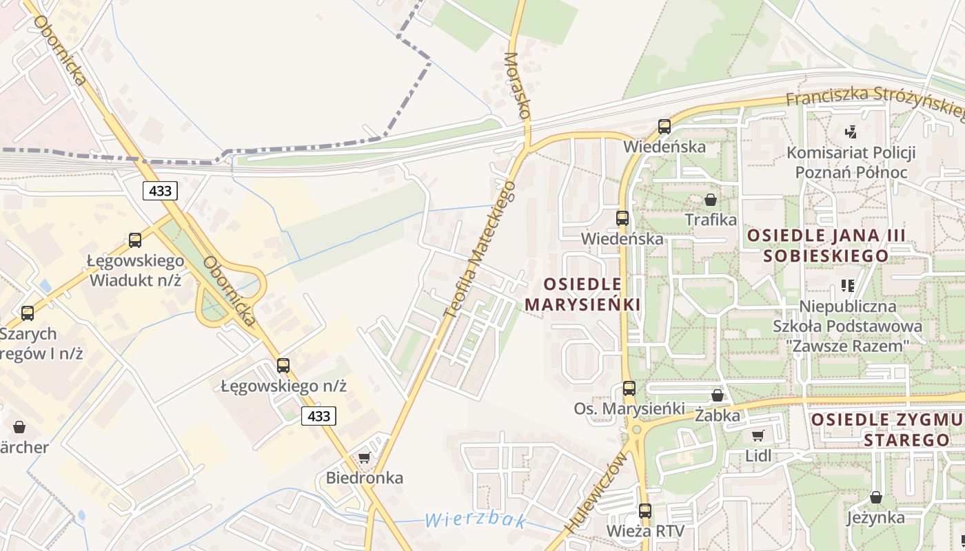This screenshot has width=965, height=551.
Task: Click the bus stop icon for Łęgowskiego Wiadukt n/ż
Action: click(x=135, y=240)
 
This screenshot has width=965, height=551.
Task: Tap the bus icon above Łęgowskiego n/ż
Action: click(x=283, y=366)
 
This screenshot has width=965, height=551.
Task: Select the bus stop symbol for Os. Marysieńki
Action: click(x=629, y=388)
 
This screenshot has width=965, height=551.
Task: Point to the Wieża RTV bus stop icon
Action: click(x=645, y=511)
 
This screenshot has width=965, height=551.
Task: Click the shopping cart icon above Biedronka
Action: click(x=365, y=457)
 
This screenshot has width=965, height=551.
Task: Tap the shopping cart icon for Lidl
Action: click(x=758, y=435)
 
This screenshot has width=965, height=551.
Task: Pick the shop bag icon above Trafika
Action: click(x=711, y=200)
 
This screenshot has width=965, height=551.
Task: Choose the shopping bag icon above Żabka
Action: click(x=718, y=395)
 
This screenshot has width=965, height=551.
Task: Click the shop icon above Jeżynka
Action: click(x=875, y=497)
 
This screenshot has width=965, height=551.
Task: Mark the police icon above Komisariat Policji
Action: click(x=851, y=131)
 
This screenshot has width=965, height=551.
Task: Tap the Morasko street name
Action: click(x=518, y=86)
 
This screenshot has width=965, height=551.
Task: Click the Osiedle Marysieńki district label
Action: click(x=583, y=294)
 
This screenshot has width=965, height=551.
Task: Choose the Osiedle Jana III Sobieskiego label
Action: click(x=826, y=245)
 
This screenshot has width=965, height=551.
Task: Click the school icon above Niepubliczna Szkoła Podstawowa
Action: click(x=847, y=285)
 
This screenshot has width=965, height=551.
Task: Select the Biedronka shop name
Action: click(x=365, y=477)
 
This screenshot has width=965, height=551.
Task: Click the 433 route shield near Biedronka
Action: click(x=318, y=416)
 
